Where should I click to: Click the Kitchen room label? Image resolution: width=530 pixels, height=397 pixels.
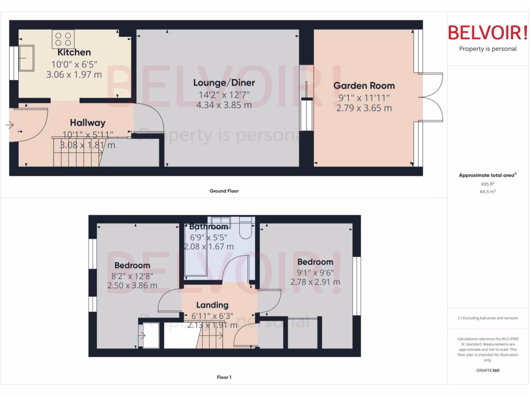pyautogui.click(x=74, y=52)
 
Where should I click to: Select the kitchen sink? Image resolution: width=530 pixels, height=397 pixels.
pyautogui.click(x=25, y=58)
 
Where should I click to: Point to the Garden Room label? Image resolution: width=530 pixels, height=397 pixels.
pyautogui.click(x=364, y=86)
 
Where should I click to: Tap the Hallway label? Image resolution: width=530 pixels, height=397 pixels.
pyautogui.click(x=87, y=123)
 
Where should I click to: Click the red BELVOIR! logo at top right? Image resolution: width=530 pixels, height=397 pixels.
pyautogui.click(x=488, y=33)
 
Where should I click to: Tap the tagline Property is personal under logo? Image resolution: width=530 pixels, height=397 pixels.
pyautogui.click(x=488, y=49)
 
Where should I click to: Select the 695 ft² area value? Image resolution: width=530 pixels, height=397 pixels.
pyautogui.click(x=488, y=184)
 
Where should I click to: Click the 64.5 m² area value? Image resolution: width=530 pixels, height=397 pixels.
pyautogui.click(x=488, y=191)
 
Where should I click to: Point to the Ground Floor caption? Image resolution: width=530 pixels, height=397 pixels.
pyautogui.click(x=224, y=191)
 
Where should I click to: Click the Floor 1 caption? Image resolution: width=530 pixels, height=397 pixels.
pyautogui.click(x=224, y=377)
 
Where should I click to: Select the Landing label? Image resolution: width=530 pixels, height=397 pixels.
pyautogui.click(x=212, y=305)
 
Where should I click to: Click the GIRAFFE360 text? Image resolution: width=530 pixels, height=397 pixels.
pyautogui.click(x=488, y=370)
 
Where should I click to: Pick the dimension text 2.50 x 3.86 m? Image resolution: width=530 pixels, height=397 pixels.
pyautogui.click(x=132, y=285)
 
